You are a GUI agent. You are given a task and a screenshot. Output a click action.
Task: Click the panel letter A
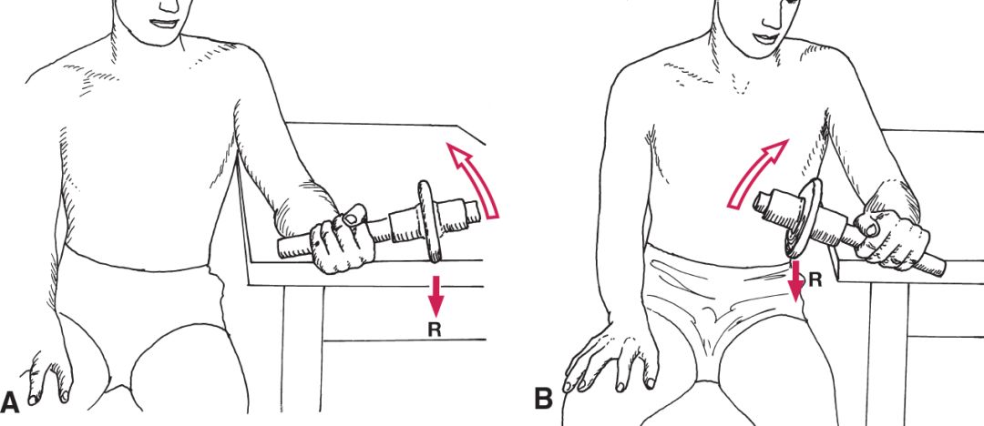[11, 401]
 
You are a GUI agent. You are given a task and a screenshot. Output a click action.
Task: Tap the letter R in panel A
[435, 330]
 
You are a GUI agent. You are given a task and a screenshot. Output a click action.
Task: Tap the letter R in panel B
[815, 279]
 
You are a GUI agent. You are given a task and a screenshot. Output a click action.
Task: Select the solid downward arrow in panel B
[796, 280]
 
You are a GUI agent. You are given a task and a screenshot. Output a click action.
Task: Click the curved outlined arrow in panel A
[475, 179]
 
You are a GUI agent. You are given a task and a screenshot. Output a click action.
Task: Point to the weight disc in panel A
[430, 221]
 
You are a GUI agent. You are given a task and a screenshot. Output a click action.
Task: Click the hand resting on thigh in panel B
[610, 354]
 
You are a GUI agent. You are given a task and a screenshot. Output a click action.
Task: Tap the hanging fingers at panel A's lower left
[48, 377]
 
